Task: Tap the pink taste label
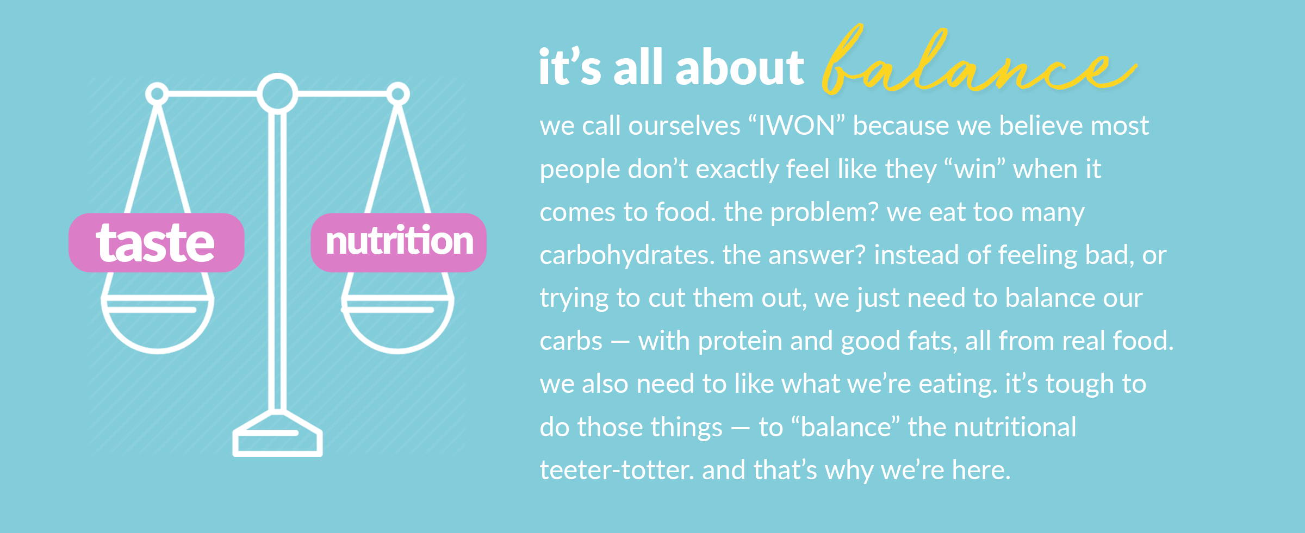[x=157, y=242]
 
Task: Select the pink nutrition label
[x=399, y=242]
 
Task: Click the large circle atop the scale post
[x=277, y=93]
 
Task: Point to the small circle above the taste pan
[x=157, y=94]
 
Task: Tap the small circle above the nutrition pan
[x=398, y=94]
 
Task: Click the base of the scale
[x=277, y=435]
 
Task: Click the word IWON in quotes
[x=797, y=126]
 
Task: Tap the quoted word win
[x=975, y=170]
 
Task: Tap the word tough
[x=1080, y=384]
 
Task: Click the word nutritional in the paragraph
[x=1015, y=427]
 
